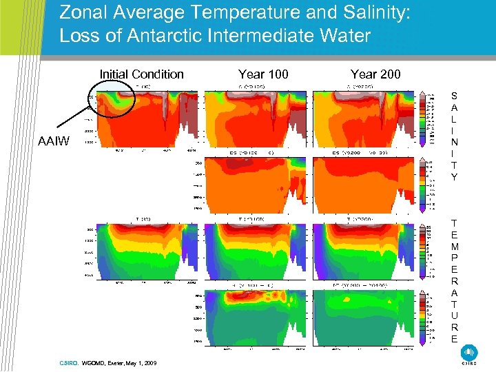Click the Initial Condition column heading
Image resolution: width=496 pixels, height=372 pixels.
142,74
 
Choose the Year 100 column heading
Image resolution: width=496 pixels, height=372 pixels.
263,74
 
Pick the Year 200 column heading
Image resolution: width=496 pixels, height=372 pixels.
375,74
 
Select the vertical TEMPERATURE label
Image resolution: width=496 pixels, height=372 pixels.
454,280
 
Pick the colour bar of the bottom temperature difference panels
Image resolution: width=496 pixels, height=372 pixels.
422,318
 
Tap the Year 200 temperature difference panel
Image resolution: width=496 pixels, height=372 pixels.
365,318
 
